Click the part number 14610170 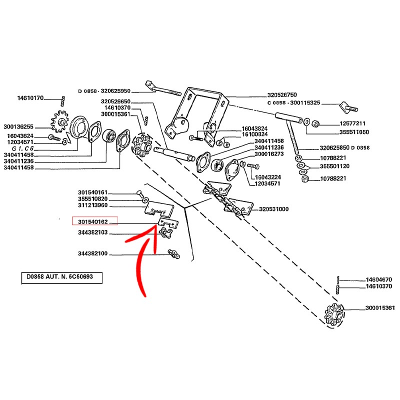pos(30,98)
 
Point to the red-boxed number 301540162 pos(94,220)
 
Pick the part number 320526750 pos(282,94)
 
